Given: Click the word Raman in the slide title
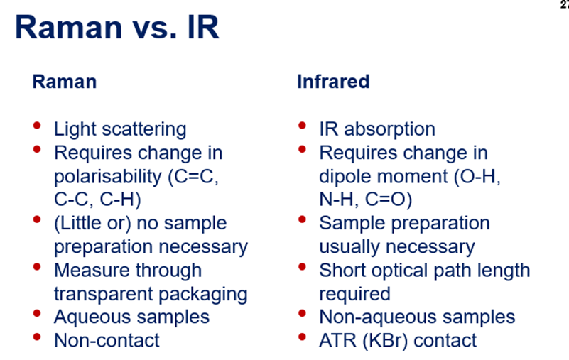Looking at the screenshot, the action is [68, 27].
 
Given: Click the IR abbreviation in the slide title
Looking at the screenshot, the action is [203, 27].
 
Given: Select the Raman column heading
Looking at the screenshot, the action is [65, 81].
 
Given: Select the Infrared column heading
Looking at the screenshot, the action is [333, 81].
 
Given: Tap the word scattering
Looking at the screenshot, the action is [144, 129].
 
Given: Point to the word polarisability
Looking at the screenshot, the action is [108, 177].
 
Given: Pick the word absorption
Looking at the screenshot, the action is [390, 129].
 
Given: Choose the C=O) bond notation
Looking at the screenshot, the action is [389, 200].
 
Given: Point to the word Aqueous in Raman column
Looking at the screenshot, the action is [97, 317].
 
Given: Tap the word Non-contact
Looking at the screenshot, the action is [107, 340].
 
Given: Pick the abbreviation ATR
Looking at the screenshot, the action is [337, 340].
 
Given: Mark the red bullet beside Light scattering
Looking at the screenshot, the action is [37, 126].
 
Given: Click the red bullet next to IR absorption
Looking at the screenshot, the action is [302, 126].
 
